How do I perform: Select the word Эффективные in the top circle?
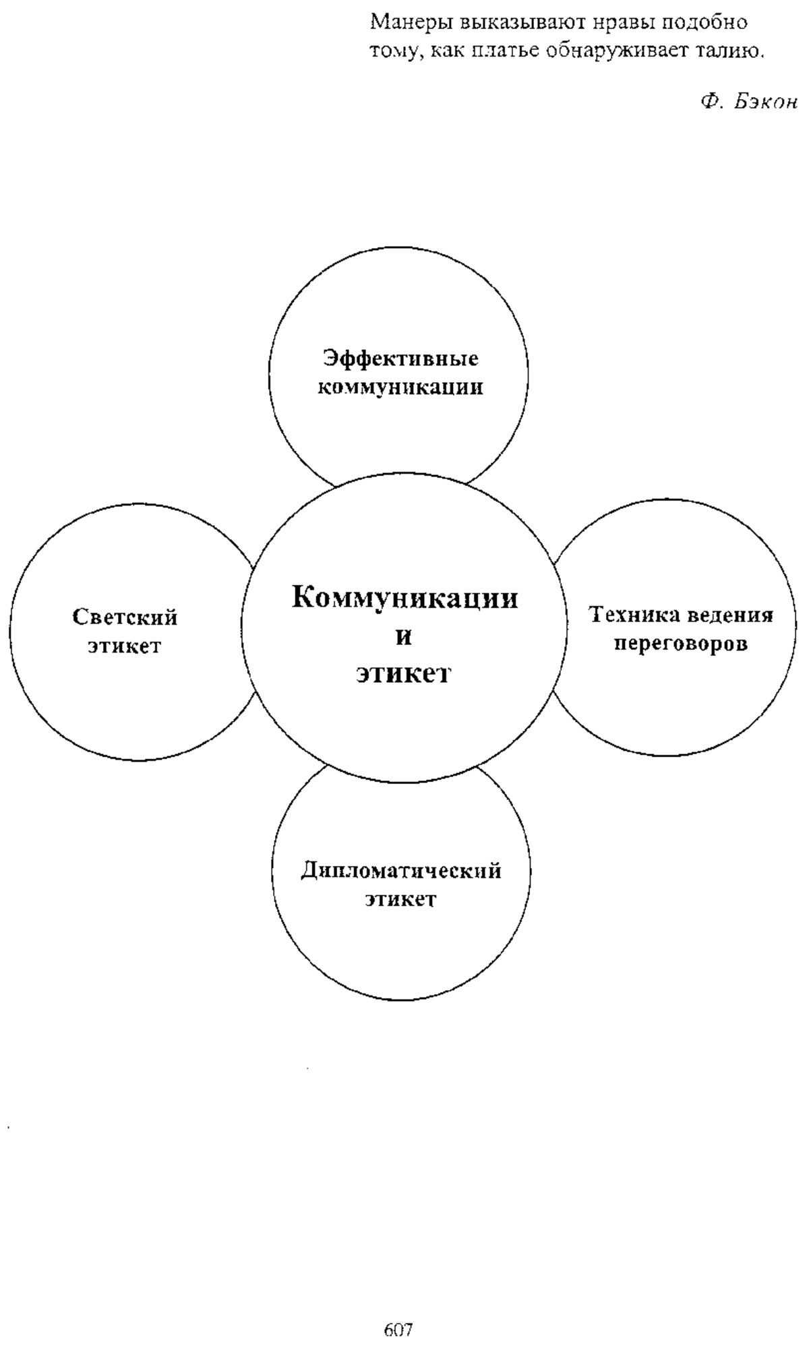[401, 359]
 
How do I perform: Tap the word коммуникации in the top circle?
[400, 388]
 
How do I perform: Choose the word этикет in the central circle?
[403, 674]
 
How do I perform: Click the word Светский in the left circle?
[125, 617]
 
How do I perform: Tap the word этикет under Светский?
[125, 646]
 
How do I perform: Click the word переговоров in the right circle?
[681, 644]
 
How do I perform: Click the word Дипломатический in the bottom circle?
[401, 871]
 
